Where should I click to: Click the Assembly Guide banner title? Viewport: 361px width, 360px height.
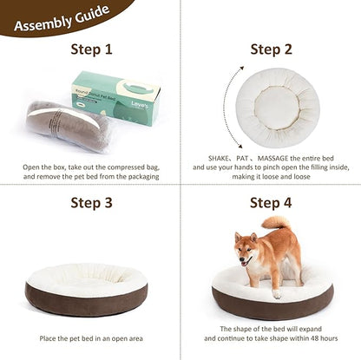61,15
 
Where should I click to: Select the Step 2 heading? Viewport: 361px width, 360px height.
272,49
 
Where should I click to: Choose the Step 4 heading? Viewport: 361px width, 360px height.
272,203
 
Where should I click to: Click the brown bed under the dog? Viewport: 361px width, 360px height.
272,302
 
